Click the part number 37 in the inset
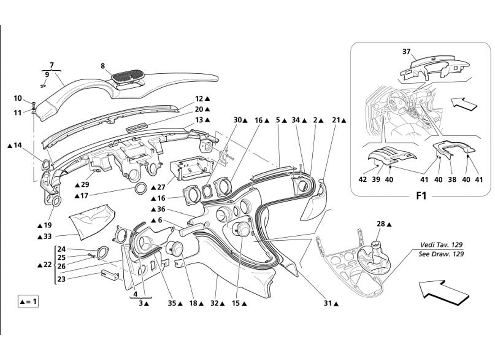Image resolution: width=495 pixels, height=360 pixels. pos(406,52)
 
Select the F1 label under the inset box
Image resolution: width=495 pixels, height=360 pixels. pos(421,196)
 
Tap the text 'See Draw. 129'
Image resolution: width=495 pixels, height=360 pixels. pos(441,254)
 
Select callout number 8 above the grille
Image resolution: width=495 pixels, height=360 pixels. pos(103,66)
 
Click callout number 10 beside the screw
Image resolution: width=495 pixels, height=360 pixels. pos(18,98)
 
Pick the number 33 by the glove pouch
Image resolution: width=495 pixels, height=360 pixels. pos(47,236)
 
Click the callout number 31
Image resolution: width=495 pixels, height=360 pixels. pos(328,303)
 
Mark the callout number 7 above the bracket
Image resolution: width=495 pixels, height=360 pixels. pos(51,65)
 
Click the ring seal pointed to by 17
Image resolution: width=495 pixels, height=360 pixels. pos(141,188)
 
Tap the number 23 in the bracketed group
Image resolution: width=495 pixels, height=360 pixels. pos(61,279)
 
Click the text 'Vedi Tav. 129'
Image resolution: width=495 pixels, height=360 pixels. pos(441,245)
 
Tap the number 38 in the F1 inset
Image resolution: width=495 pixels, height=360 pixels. pos(452,179)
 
